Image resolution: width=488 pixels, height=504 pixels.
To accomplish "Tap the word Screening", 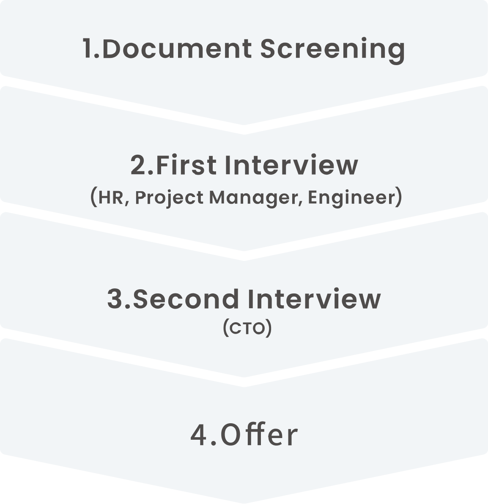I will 332,49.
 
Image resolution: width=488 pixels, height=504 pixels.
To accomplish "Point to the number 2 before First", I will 138,165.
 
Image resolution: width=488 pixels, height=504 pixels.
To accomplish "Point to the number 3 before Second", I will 115,299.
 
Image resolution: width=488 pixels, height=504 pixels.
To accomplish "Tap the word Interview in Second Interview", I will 314,299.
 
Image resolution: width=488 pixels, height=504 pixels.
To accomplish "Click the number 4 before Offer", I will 198,436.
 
